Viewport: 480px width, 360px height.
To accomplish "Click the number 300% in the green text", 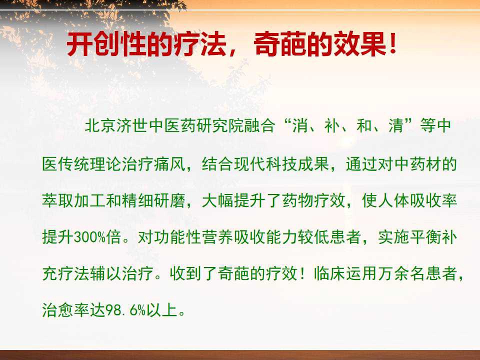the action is [x=89, y=237].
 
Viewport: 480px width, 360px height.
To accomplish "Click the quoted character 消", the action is [x=300, y=125].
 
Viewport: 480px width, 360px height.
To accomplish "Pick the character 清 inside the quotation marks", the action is [x=396, y=125].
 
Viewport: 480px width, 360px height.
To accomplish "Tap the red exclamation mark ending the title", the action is [x=393, y=44].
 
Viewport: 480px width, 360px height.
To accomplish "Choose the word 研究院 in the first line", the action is [x=220, y=125].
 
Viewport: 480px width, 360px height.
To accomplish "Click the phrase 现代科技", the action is [x=266, y=164].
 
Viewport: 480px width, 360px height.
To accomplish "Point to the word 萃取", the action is [x=58, y=200].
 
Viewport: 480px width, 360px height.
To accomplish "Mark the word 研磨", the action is [x=170, y=200].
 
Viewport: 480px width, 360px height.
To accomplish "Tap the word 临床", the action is [x=329, y=273].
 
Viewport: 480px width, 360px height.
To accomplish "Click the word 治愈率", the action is [x=66, y=310].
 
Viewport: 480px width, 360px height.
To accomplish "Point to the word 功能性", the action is [x=177, y=237].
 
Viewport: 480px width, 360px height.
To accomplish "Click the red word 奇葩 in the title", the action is [x=280, y=44].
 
